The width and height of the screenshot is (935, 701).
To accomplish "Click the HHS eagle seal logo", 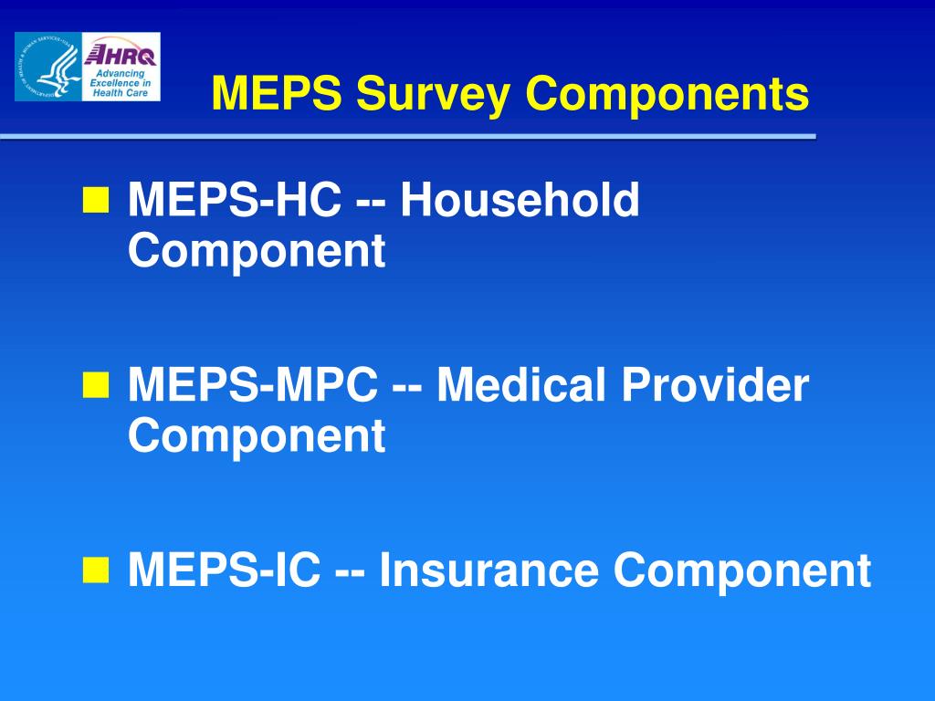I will point(47,67).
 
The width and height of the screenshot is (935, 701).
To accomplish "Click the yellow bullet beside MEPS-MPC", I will point(94,386).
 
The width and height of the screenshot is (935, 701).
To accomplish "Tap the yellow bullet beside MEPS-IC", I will point(94,571).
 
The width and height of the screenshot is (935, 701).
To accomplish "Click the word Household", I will point(520,200).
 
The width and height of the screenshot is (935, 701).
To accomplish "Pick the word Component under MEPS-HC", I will point(257,251).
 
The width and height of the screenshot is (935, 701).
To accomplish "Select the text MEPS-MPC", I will point(253,386).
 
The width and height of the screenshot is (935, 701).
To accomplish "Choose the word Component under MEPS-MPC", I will point(257,436).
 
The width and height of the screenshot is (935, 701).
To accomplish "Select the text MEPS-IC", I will point(224,571).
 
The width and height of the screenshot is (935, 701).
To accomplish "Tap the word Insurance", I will point(489,571).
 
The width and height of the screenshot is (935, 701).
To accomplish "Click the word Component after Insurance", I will point(741,571).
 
